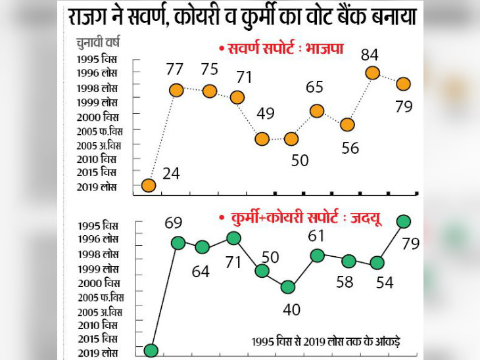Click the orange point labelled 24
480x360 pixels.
click(x=149, y=185)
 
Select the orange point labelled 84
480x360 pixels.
click(x=372, y=73)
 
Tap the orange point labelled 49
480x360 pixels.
click(x=262, y=139)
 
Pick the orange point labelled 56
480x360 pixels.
click(x=348, y=124)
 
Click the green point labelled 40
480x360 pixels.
click(x=287, y=286)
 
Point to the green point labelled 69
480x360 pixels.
click(x=178, y=242)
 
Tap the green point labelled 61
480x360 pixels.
click(x=318, y=256)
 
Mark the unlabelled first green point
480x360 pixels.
click(x=151, y=349)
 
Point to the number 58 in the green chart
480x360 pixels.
click(x=345, y=282)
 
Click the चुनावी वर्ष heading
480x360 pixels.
click(x=97, y=45)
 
